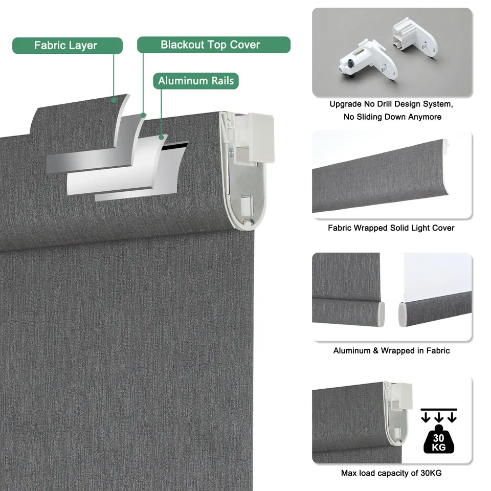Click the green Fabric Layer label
(x=68, y=46)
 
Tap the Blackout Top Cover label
(x=214, y=45)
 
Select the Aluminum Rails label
(x=196, y=81)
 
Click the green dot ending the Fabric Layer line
(x=114, y=100)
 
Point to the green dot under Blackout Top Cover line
(x=143, y=115)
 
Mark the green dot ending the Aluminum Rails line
(x=161, y=137)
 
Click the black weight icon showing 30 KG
(x=438, y=439)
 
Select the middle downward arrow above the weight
(x=439, y=417)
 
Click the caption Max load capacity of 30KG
(x=391, y=473)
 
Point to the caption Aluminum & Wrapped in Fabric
(x=391, y=350)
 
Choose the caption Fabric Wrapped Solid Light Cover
(x=391, y=228)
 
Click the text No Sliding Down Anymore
(x=392, y=117)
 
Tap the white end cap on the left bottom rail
(x=381, y=314)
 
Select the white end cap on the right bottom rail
(x=402, y=315)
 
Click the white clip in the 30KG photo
(x=401, y=396)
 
